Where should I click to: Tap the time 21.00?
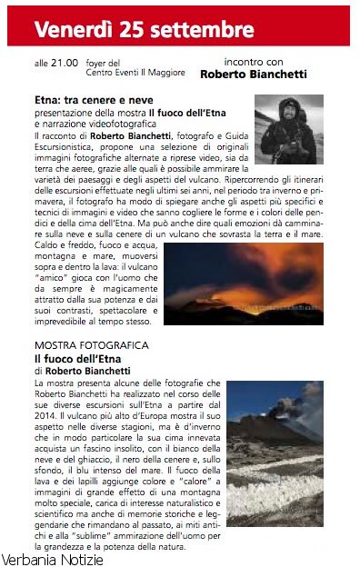65,64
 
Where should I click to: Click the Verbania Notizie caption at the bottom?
53,558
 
